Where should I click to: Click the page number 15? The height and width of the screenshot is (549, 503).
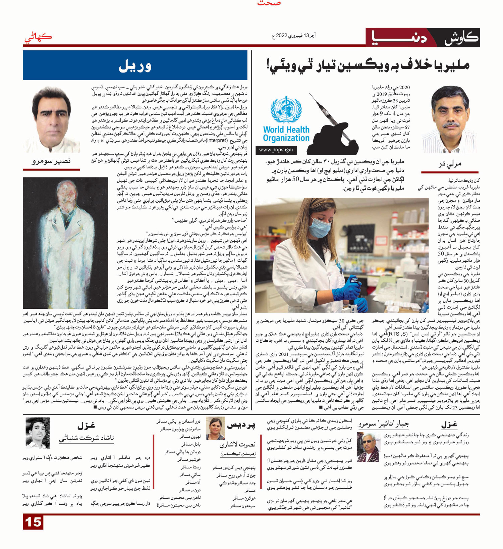tap(34, 522)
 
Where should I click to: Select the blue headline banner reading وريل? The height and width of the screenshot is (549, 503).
tap(135, 65)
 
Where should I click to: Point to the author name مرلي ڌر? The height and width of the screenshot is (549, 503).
tap(450, 163)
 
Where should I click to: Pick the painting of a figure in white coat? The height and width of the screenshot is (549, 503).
tap(65, 243)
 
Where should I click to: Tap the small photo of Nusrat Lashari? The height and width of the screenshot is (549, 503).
tap(215, 428)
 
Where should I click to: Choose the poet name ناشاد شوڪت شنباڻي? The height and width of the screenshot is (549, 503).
tap(87, 438)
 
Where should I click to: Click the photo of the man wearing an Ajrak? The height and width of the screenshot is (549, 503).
tap(368, 447)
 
